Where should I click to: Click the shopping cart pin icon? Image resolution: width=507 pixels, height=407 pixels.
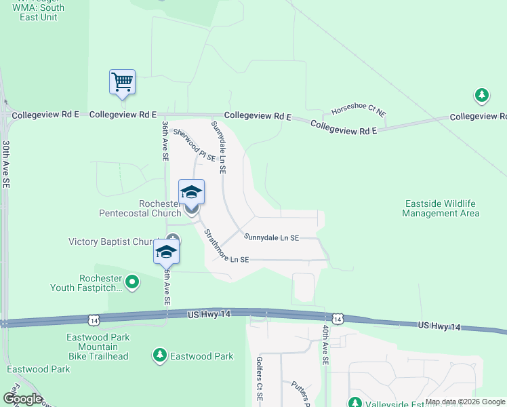click(x=122, y=82)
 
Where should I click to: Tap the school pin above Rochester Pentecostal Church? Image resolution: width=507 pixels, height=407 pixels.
click(x=191, y=193)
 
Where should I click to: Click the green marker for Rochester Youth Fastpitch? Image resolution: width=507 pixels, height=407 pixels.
click(x=132, y=281)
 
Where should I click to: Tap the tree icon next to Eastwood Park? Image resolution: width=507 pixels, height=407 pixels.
click(x=159, y=355)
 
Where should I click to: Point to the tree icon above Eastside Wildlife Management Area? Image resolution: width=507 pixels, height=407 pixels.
click(x=482, y=96)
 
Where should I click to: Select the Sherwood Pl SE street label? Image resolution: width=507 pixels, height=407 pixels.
click(x=194, y=145)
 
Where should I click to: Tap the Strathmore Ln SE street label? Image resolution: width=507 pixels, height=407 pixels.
click(x=226, y=248)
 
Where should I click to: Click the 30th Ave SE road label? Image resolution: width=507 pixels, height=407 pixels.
click(x=5, y=163)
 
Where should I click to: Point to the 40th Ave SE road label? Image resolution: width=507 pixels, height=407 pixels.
click(x=325, y=345)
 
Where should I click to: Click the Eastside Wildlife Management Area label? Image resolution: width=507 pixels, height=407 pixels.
click(x=441, y=208)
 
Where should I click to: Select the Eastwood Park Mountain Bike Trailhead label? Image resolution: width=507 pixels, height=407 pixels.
click(x=98, y=347)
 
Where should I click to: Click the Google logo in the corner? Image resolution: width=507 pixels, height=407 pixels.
click(x=22, y=399)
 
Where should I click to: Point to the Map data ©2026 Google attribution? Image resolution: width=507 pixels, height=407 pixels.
click(x=465, y=402)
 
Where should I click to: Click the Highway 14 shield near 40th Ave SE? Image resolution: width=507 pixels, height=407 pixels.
click(x=337, y=318)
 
